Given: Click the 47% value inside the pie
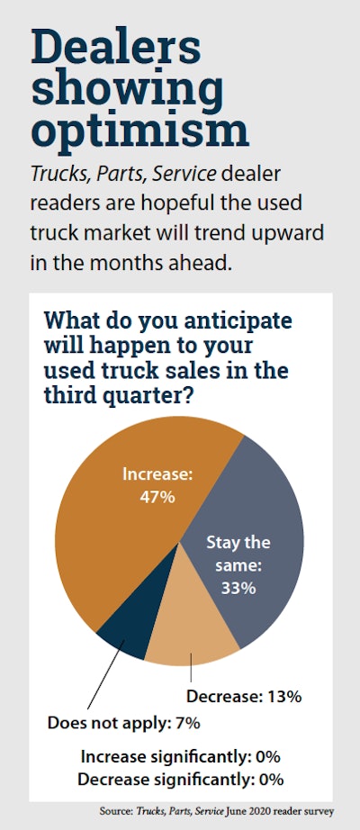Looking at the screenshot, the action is tap(157, 497).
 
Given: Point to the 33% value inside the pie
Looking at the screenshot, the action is tap(238, 588).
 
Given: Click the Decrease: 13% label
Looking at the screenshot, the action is tap(244, 696).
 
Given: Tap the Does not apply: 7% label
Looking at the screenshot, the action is tap(124, 723).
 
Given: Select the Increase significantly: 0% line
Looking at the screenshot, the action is tap(180, 757).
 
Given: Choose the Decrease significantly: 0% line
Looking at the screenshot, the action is tap(180, 780).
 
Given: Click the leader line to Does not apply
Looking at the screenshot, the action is tap(106, 674).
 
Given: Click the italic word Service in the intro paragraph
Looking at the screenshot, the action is tap(184, 174).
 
